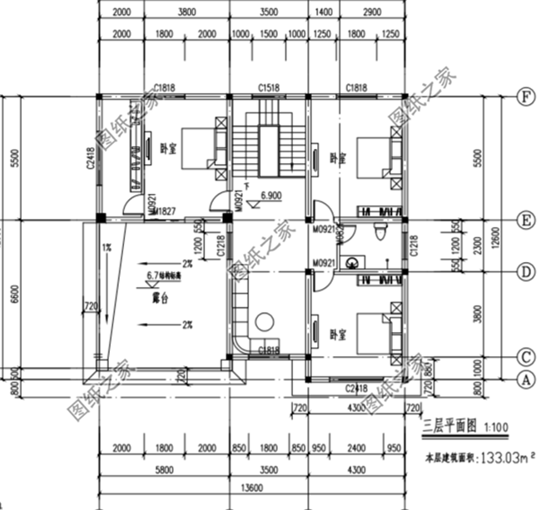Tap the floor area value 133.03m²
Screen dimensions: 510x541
point(502,457)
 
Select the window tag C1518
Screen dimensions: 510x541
point(268,87)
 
